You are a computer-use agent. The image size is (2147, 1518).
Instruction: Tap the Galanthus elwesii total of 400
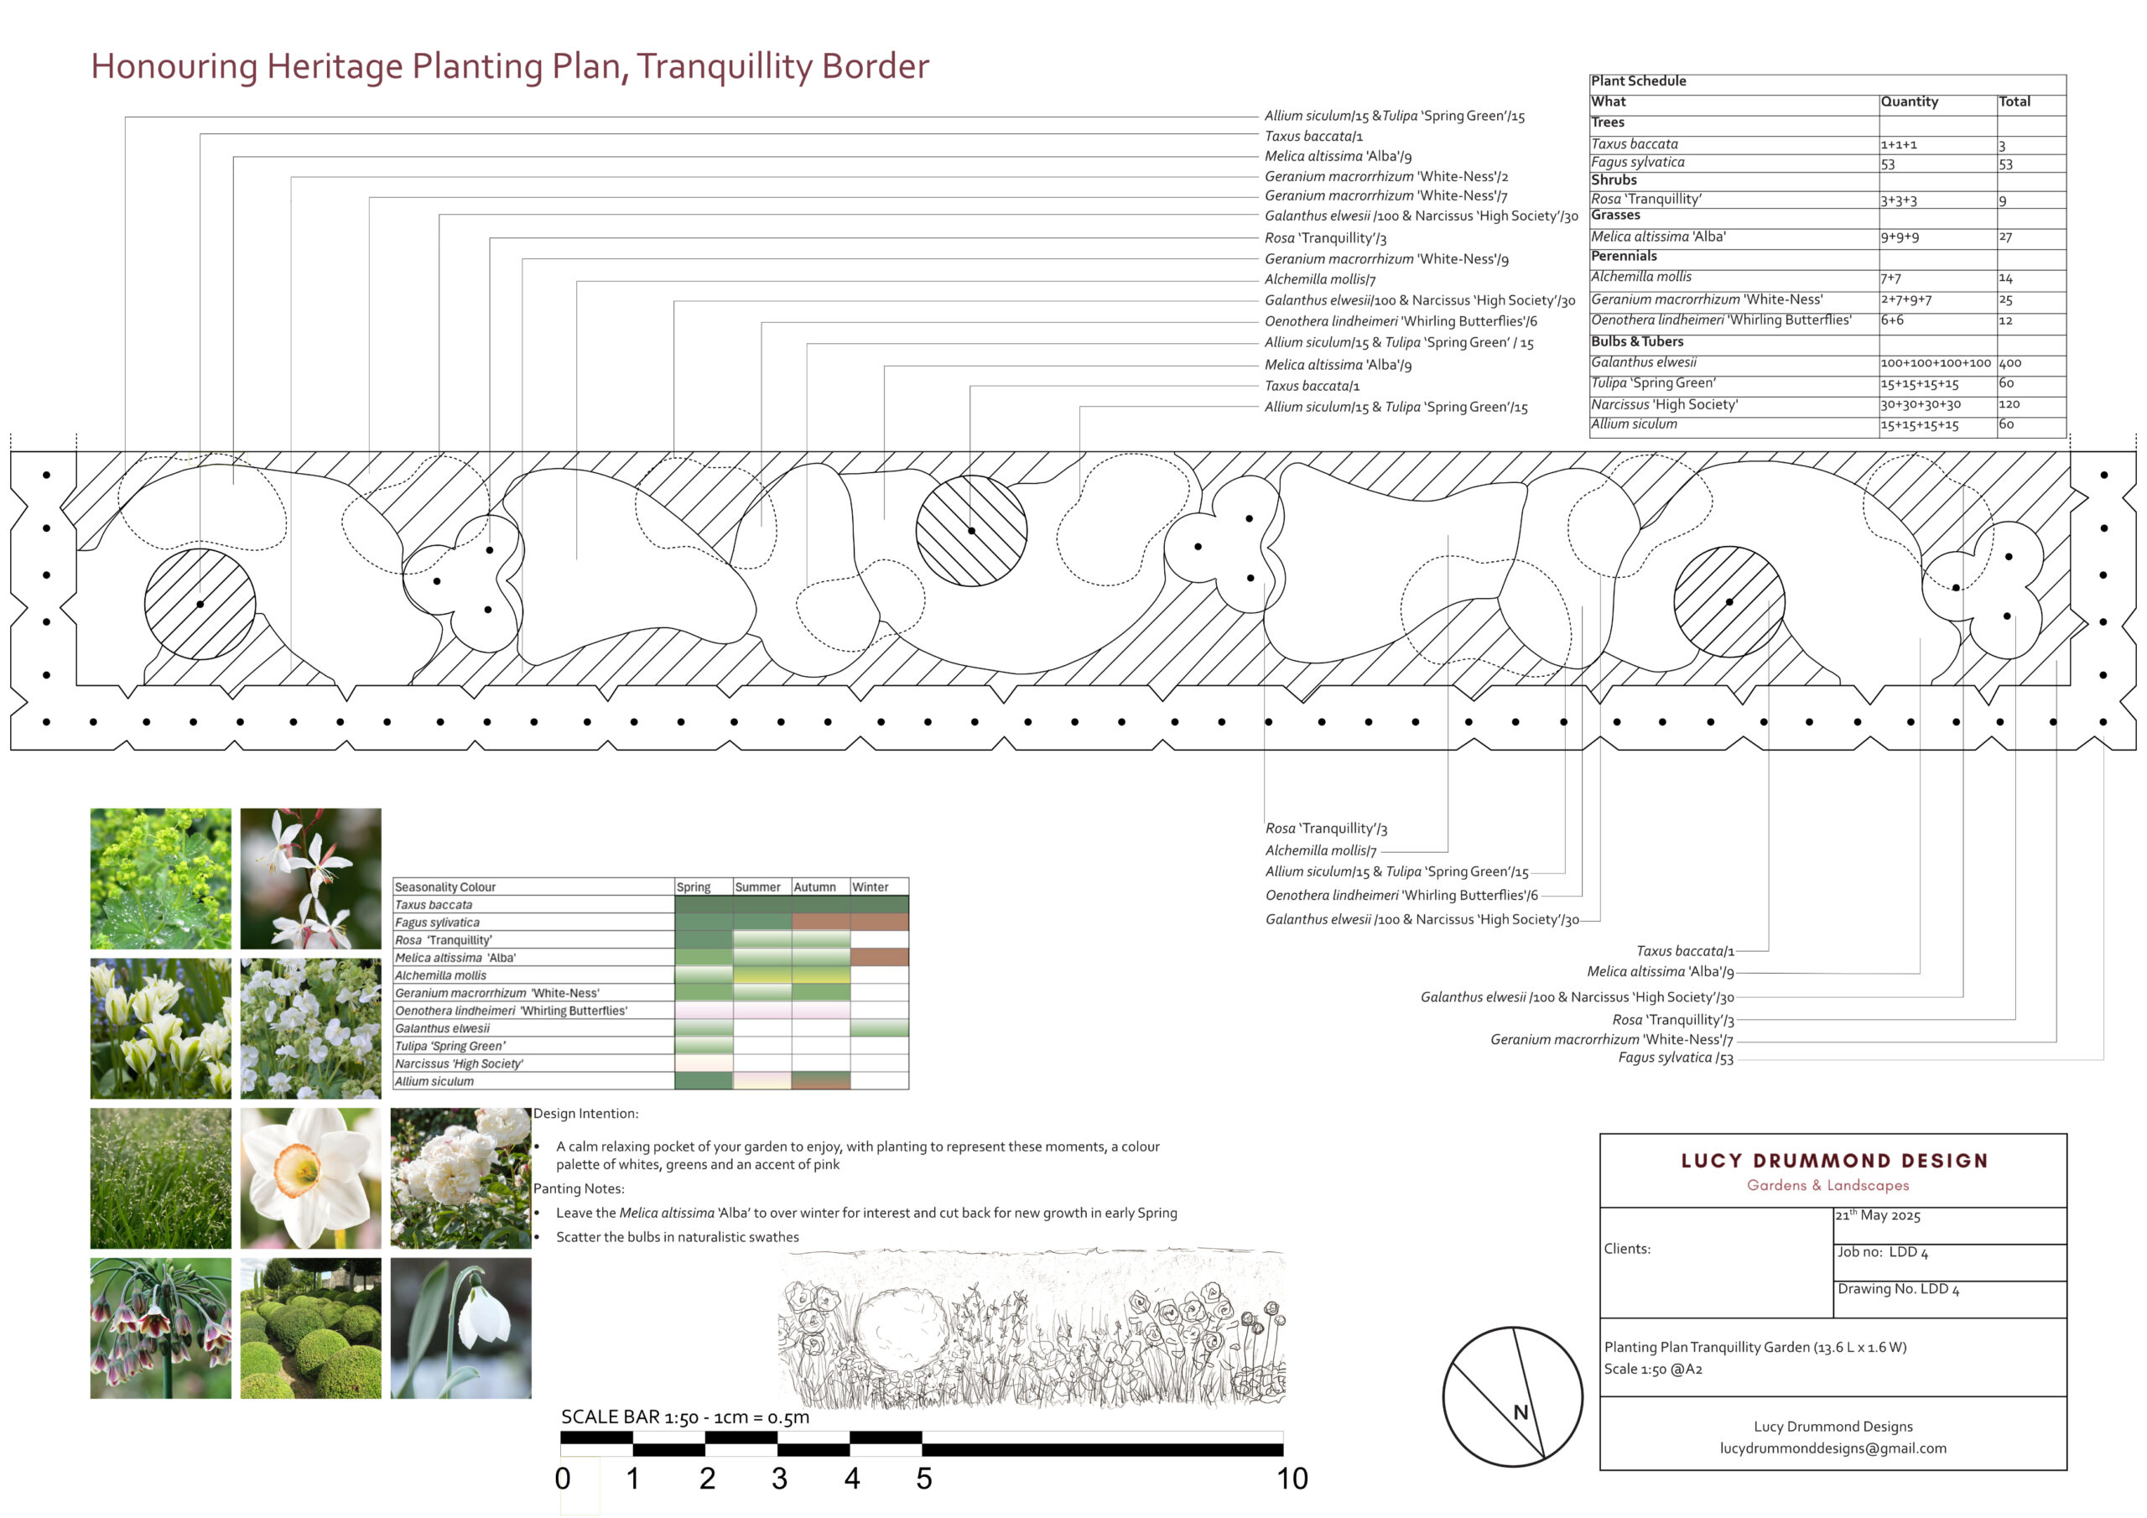point(2010,363)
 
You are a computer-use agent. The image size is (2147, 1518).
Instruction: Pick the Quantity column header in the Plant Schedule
point(1910,101)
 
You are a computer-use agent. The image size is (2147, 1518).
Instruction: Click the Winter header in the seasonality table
point(870,886)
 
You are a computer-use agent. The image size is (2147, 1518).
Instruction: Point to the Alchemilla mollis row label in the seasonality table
point(440,975)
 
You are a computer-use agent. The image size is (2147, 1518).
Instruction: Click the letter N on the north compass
point(1521,1412)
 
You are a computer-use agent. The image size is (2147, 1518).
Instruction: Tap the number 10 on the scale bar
point(1292,1479)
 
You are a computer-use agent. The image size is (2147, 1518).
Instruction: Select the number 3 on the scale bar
point(779,1479)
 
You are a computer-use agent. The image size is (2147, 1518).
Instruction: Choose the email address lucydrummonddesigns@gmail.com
point(1832,1448)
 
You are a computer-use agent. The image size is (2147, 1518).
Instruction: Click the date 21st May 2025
point(1878,1215)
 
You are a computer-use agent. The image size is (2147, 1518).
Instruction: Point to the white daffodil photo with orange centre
point(310,1178)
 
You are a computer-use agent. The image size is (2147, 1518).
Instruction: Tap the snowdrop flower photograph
point(461,1328)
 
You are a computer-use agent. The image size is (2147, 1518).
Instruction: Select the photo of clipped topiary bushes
point(310,1328)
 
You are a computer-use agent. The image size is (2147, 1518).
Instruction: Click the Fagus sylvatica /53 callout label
point(1676,1058)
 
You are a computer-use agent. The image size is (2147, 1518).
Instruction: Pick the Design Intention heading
point(586,1114)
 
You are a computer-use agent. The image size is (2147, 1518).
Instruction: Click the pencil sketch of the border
point(1032,1326)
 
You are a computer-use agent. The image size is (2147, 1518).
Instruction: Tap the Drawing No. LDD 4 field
point(1898,1289)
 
